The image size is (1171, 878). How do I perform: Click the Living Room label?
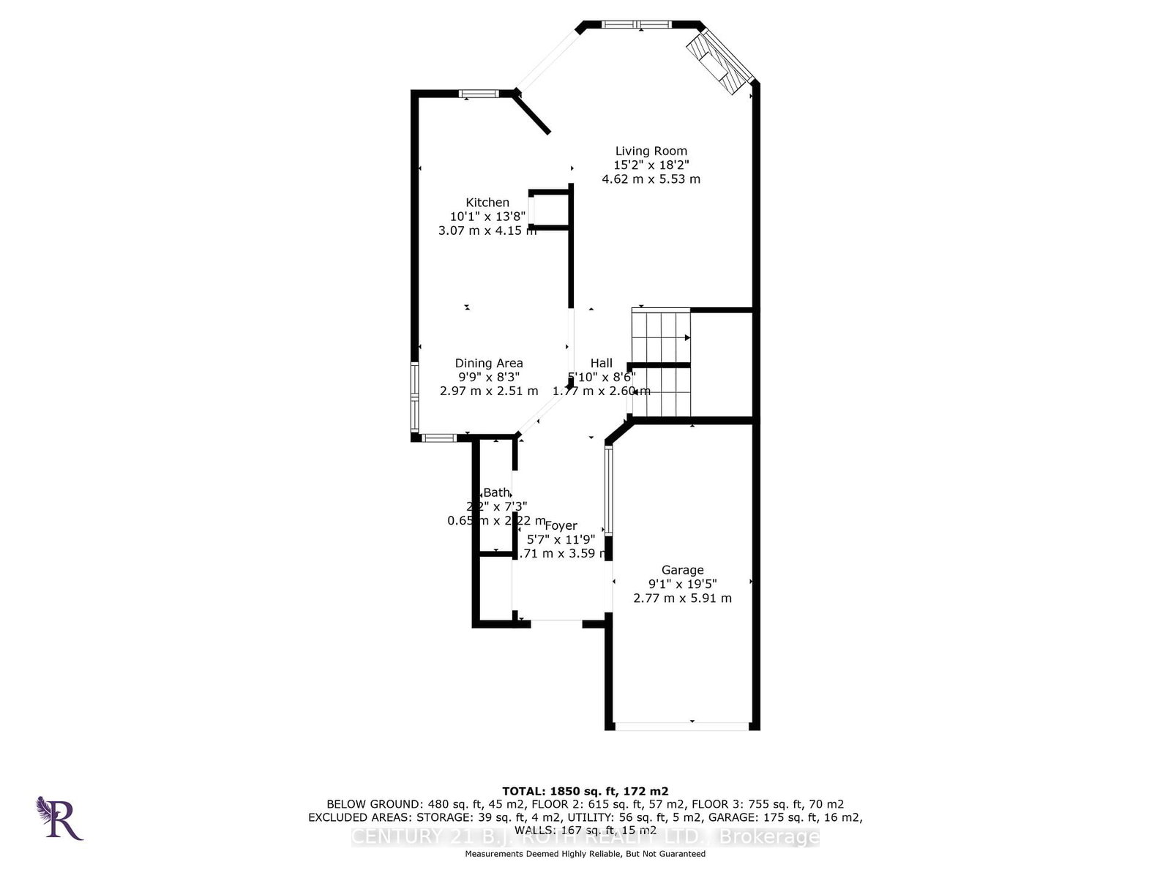click(x=651, y=151)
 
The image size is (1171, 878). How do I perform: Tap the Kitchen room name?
click(x=487, y=203)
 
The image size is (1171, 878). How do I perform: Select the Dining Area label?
click(x=489, y=363)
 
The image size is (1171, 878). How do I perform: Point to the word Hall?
click(x=602, y=363)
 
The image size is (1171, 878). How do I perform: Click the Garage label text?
click(x=682, y=570)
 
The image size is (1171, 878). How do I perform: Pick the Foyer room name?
click(x=561, y=525)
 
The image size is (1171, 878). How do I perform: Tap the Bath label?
click(x=496, y=492)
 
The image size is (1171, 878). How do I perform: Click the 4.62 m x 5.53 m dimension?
click(x=651, y=179)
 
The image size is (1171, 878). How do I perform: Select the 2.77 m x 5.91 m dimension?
click(x=682, y=598)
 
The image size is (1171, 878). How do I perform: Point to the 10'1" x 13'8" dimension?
click(x=487, y=217)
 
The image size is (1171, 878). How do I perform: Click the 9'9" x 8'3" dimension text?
click(x=489, y=377)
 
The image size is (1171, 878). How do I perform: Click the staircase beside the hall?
click(x=661, y=362)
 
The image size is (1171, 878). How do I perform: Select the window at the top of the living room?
click(x=636, y=25)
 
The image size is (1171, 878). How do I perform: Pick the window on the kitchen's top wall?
click(x=479, y=93)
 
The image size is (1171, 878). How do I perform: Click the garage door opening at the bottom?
click(x=682, y=726)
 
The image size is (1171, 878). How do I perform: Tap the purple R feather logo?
click(x=59, y=818)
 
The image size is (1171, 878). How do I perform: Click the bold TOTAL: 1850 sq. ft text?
click(x=585, y=791)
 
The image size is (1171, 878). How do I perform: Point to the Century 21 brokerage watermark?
click(x=585, y=837)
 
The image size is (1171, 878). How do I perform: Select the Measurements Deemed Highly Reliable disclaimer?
click(x=585, y=854)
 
